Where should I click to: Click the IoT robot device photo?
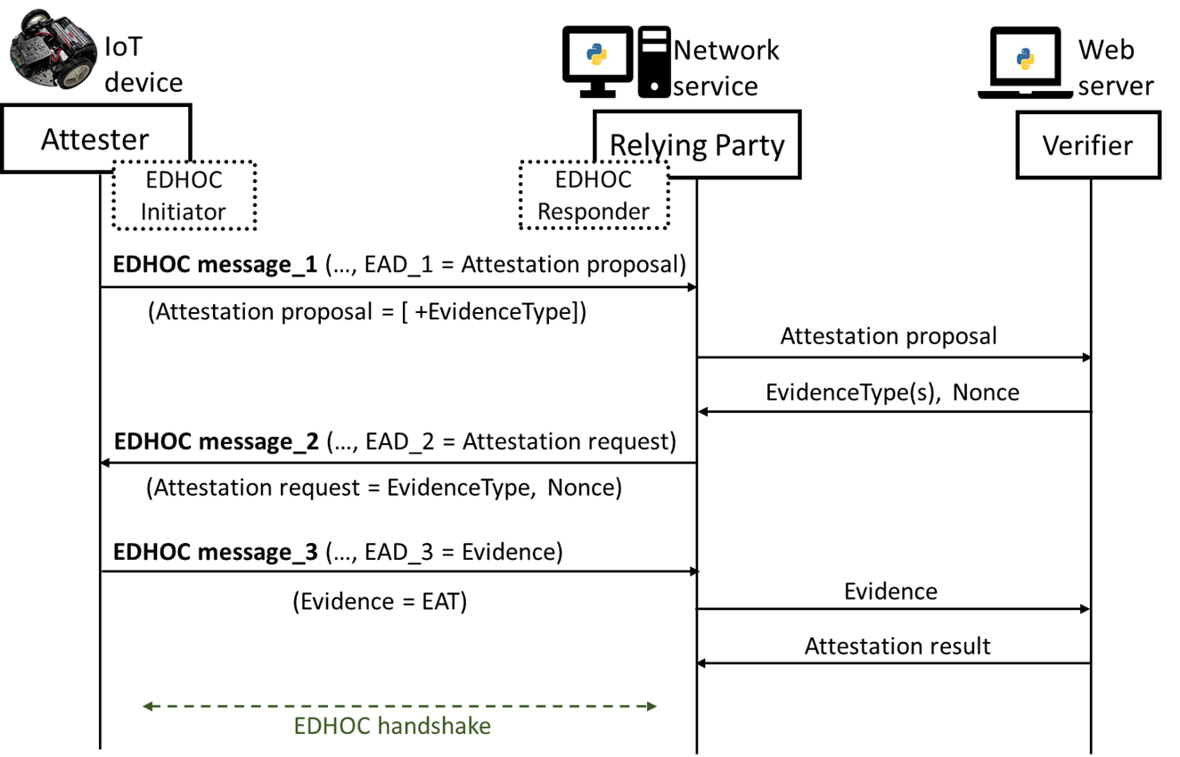tap(53, 49)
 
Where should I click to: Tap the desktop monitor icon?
tap(597, 62)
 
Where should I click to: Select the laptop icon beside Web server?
tap(1025, 62)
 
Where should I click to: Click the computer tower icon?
tap(654, 62)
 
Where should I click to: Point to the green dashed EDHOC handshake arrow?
tap(399, 706)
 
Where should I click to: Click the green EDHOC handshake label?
tap(392, 726)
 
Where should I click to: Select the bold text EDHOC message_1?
tap(215, 264)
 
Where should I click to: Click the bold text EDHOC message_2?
tap(216, 441)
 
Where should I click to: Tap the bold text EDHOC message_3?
tap(216, 552)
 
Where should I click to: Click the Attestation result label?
tap(897, 646)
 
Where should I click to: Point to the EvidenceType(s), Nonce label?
tap(892, 392)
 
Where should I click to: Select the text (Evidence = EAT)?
tap(380, 602)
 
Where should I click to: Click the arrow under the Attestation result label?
tap(894, 663)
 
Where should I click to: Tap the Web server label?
tap(1116, 68)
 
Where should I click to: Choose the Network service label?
tap(725, 68)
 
